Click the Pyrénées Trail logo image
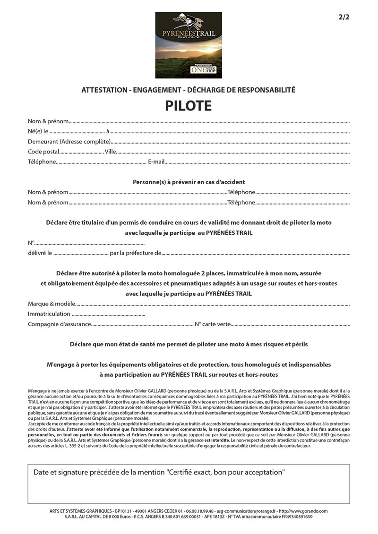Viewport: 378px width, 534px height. pos(189,45)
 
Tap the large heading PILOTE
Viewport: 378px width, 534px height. pos(189,106)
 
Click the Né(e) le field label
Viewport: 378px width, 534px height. pos(38,131)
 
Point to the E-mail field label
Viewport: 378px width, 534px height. pos(156,162)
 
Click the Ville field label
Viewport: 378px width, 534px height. pos(110,152)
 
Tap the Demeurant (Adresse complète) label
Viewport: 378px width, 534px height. pos(69,141)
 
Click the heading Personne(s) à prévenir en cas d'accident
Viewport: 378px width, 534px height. pos(189,182)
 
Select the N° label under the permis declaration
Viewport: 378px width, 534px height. pos(31,243)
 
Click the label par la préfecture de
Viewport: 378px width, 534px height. pos(136,253)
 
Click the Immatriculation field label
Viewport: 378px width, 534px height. pos(49,314)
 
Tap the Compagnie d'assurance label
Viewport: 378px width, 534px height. pos(59,324)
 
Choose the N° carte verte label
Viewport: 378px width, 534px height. pos(213,324)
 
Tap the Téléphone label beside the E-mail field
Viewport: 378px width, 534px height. pos(42,162)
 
